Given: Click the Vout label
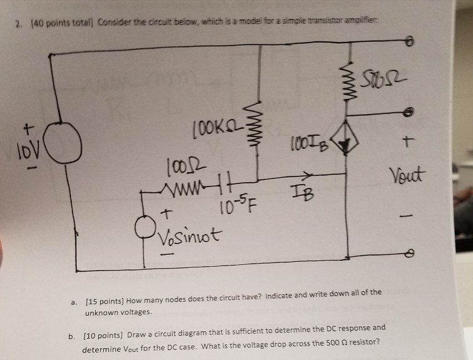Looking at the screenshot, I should tap(407, 176).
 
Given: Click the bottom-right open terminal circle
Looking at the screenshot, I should tap(409, 255).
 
